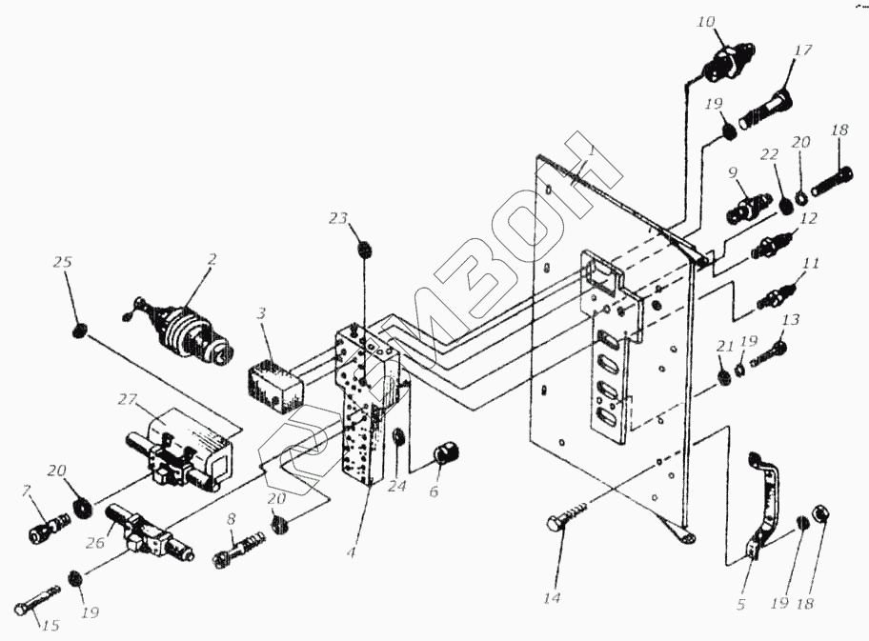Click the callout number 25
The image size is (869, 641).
click(63, 262)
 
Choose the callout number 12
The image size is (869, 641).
click(808, 218)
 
